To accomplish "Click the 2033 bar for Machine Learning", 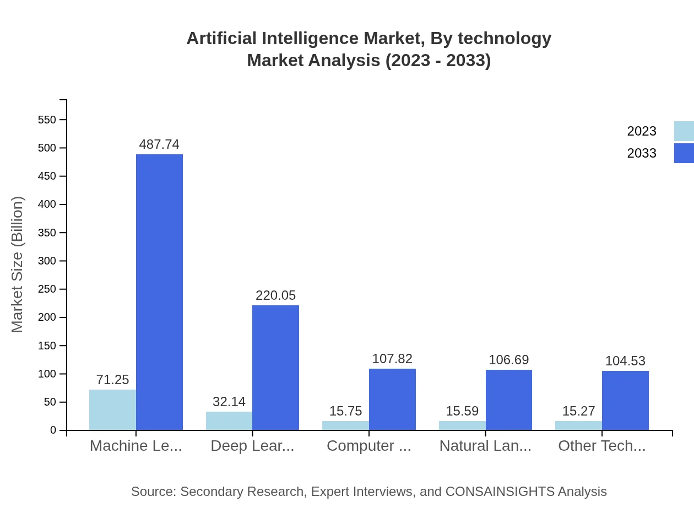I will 159,292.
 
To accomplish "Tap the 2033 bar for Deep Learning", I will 275,368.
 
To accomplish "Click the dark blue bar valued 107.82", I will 392,399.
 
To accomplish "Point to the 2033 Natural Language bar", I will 509,400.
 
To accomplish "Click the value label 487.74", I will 159,144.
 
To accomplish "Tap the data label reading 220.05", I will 275,295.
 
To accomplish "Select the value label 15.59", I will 462,411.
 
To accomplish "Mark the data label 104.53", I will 625,361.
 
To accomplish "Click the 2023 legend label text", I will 642,131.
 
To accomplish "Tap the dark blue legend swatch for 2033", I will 684,153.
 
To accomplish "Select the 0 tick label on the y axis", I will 53,430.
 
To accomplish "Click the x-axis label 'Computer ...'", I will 369,446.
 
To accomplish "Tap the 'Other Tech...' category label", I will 601,446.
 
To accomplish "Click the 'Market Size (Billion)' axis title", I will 18,265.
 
